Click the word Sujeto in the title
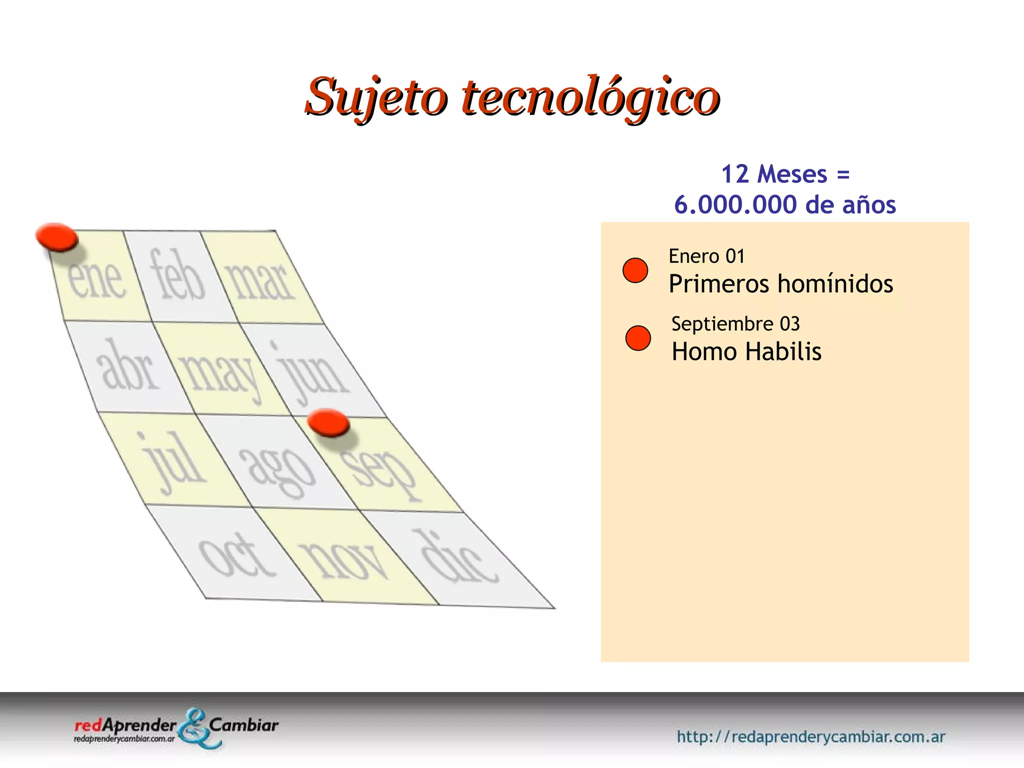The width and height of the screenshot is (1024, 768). (x=376, y=96)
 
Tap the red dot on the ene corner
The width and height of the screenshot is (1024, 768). (x=57, y=237)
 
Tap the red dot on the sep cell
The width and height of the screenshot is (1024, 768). (x=328, y=423)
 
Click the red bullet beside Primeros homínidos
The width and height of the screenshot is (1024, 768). (x=635, y=270)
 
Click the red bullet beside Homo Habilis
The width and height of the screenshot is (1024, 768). (x=638, y=338)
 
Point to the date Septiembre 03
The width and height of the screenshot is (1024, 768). (x=735, y=324)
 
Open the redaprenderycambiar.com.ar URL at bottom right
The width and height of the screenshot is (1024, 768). (x=811, y=736)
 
